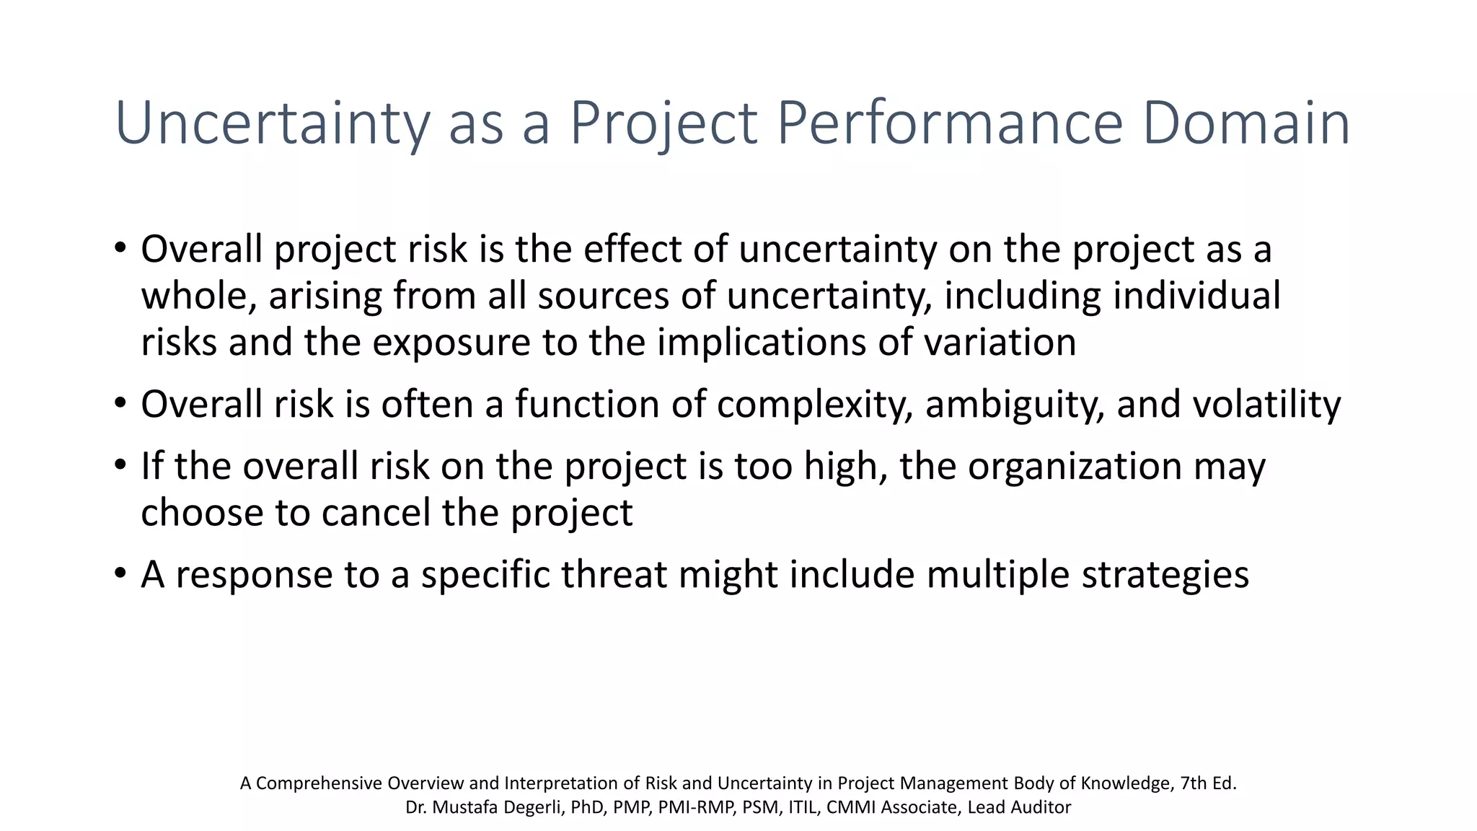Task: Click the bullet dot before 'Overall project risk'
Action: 120,248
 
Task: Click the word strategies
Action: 1165,575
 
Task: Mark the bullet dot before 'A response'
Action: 120,574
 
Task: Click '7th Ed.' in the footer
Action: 1208,783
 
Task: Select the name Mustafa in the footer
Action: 463,808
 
